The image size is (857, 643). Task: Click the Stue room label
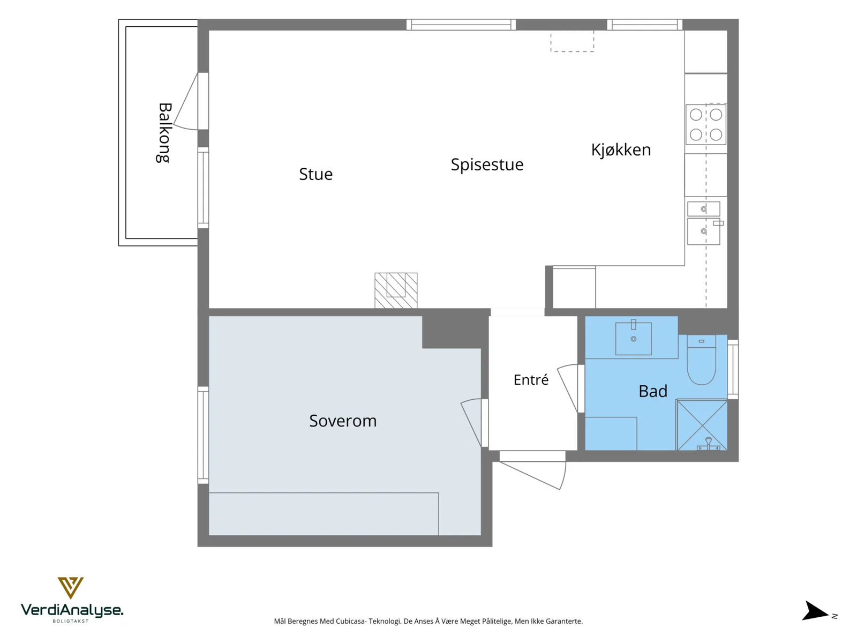pos(315,174)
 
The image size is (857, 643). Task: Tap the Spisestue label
pos(487,165)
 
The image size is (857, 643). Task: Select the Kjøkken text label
pos(621,149)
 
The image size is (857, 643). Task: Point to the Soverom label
pos(343,421)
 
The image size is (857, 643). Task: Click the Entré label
pos(531,379)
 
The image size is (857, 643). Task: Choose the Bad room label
pos(653,391)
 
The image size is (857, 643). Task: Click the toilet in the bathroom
pos(701,360)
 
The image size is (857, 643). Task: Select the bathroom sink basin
pos(633,338)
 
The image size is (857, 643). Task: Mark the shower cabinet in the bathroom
pos(702,425)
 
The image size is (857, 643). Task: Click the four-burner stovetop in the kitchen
pos(706,124)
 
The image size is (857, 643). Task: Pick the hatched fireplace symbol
pos(396,290)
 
